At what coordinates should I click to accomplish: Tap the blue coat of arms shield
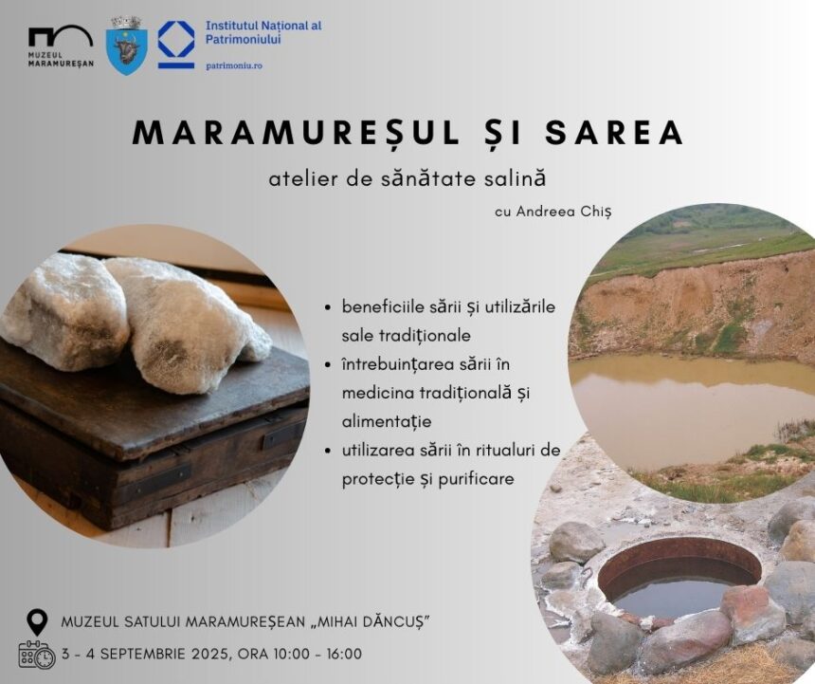point(126,46)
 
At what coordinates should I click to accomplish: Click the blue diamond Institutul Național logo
point(176,44)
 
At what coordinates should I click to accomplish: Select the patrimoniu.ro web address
point(234,66)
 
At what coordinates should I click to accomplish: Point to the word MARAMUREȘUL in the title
point(297,133)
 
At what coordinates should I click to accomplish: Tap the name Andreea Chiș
point(564,212)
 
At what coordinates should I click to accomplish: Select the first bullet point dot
point(328,307)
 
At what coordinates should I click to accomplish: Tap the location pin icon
point(37,621)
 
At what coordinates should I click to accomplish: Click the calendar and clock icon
point(37,655)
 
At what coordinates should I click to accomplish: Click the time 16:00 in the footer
point(344,654)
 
